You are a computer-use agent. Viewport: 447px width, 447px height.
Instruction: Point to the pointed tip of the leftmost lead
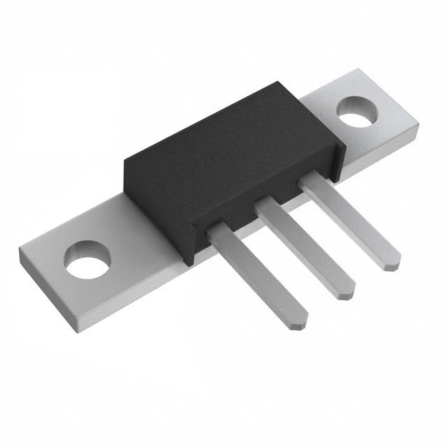[299, 323]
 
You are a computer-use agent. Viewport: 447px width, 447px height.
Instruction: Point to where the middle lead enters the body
[266, 207]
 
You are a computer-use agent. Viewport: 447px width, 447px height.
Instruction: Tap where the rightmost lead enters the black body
[311, 181]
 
